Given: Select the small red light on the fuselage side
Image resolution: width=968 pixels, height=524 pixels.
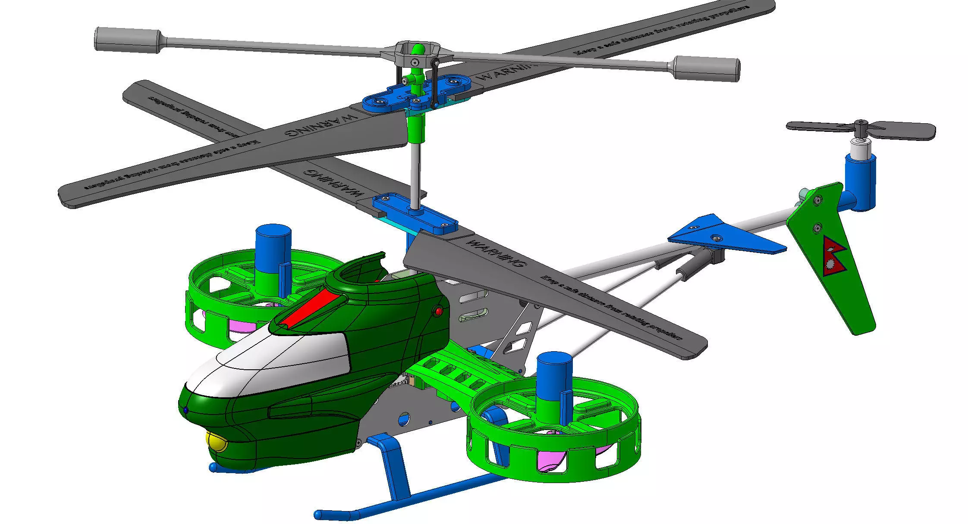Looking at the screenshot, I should click(438, 311).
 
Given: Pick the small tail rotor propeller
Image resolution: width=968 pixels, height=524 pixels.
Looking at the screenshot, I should click(861, 128).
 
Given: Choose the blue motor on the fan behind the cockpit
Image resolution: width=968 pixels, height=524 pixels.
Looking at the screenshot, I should click(273, 248).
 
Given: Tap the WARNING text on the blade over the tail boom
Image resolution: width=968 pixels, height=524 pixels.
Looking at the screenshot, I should click(496, 253).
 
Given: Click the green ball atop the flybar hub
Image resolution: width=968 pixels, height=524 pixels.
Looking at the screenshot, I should click(417, 49).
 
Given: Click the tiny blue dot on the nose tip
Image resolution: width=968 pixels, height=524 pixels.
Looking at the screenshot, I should click(185, 410).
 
